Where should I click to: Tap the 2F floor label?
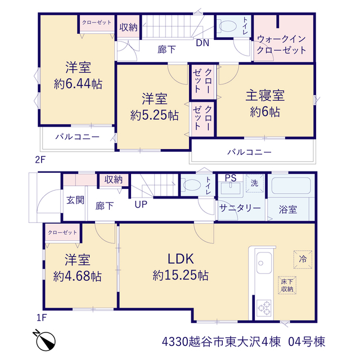click(x=40, y=160)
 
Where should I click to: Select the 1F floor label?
click(x=42, y=317)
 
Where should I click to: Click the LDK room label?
click(x=181, y=259)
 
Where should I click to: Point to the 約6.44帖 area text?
click(x=78, y=84)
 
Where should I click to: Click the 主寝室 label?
click(x=265, y=96)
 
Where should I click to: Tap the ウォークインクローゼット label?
click(x=281, y=44)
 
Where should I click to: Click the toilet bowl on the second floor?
click(x=228, y=26)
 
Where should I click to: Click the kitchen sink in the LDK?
click(x=264, y=263)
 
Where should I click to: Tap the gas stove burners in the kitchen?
click(x=264, y=308)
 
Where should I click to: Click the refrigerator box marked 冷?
click(x=303, y=259)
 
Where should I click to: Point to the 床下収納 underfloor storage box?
click(x=287, y=285)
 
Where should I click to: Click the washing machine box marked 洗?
click(x=254, y=183)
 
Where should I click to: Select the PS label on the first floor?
click(x=231, y=178)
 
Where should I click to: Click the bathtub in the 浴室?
click(x=291, y=186)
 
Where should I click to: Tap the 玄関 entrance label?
click(x=75, y=200)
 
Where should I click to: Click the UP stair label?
click(x=141, y=204)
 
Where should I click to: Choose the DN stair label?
click(x=202, y=43)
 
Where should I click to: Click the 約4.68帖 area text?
click(x=78, y=276)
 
